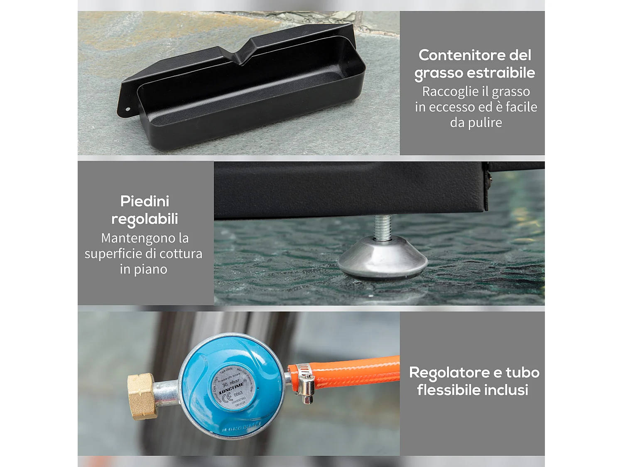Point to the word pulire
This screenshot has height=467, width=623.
pyautogui.click(x=485, y=123)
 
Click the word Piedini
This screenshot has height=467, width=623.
pyautogui.click(x=145, y=201)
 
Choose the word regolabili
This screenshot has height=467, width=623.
pyautogui.click(x=145, y=219)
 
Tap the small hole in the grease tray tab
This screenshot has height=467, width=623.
pyautogui.click(x=128, y=110)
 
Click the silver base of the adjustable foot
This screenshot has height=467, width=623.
pyautogui.click(x=383, y=257)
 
